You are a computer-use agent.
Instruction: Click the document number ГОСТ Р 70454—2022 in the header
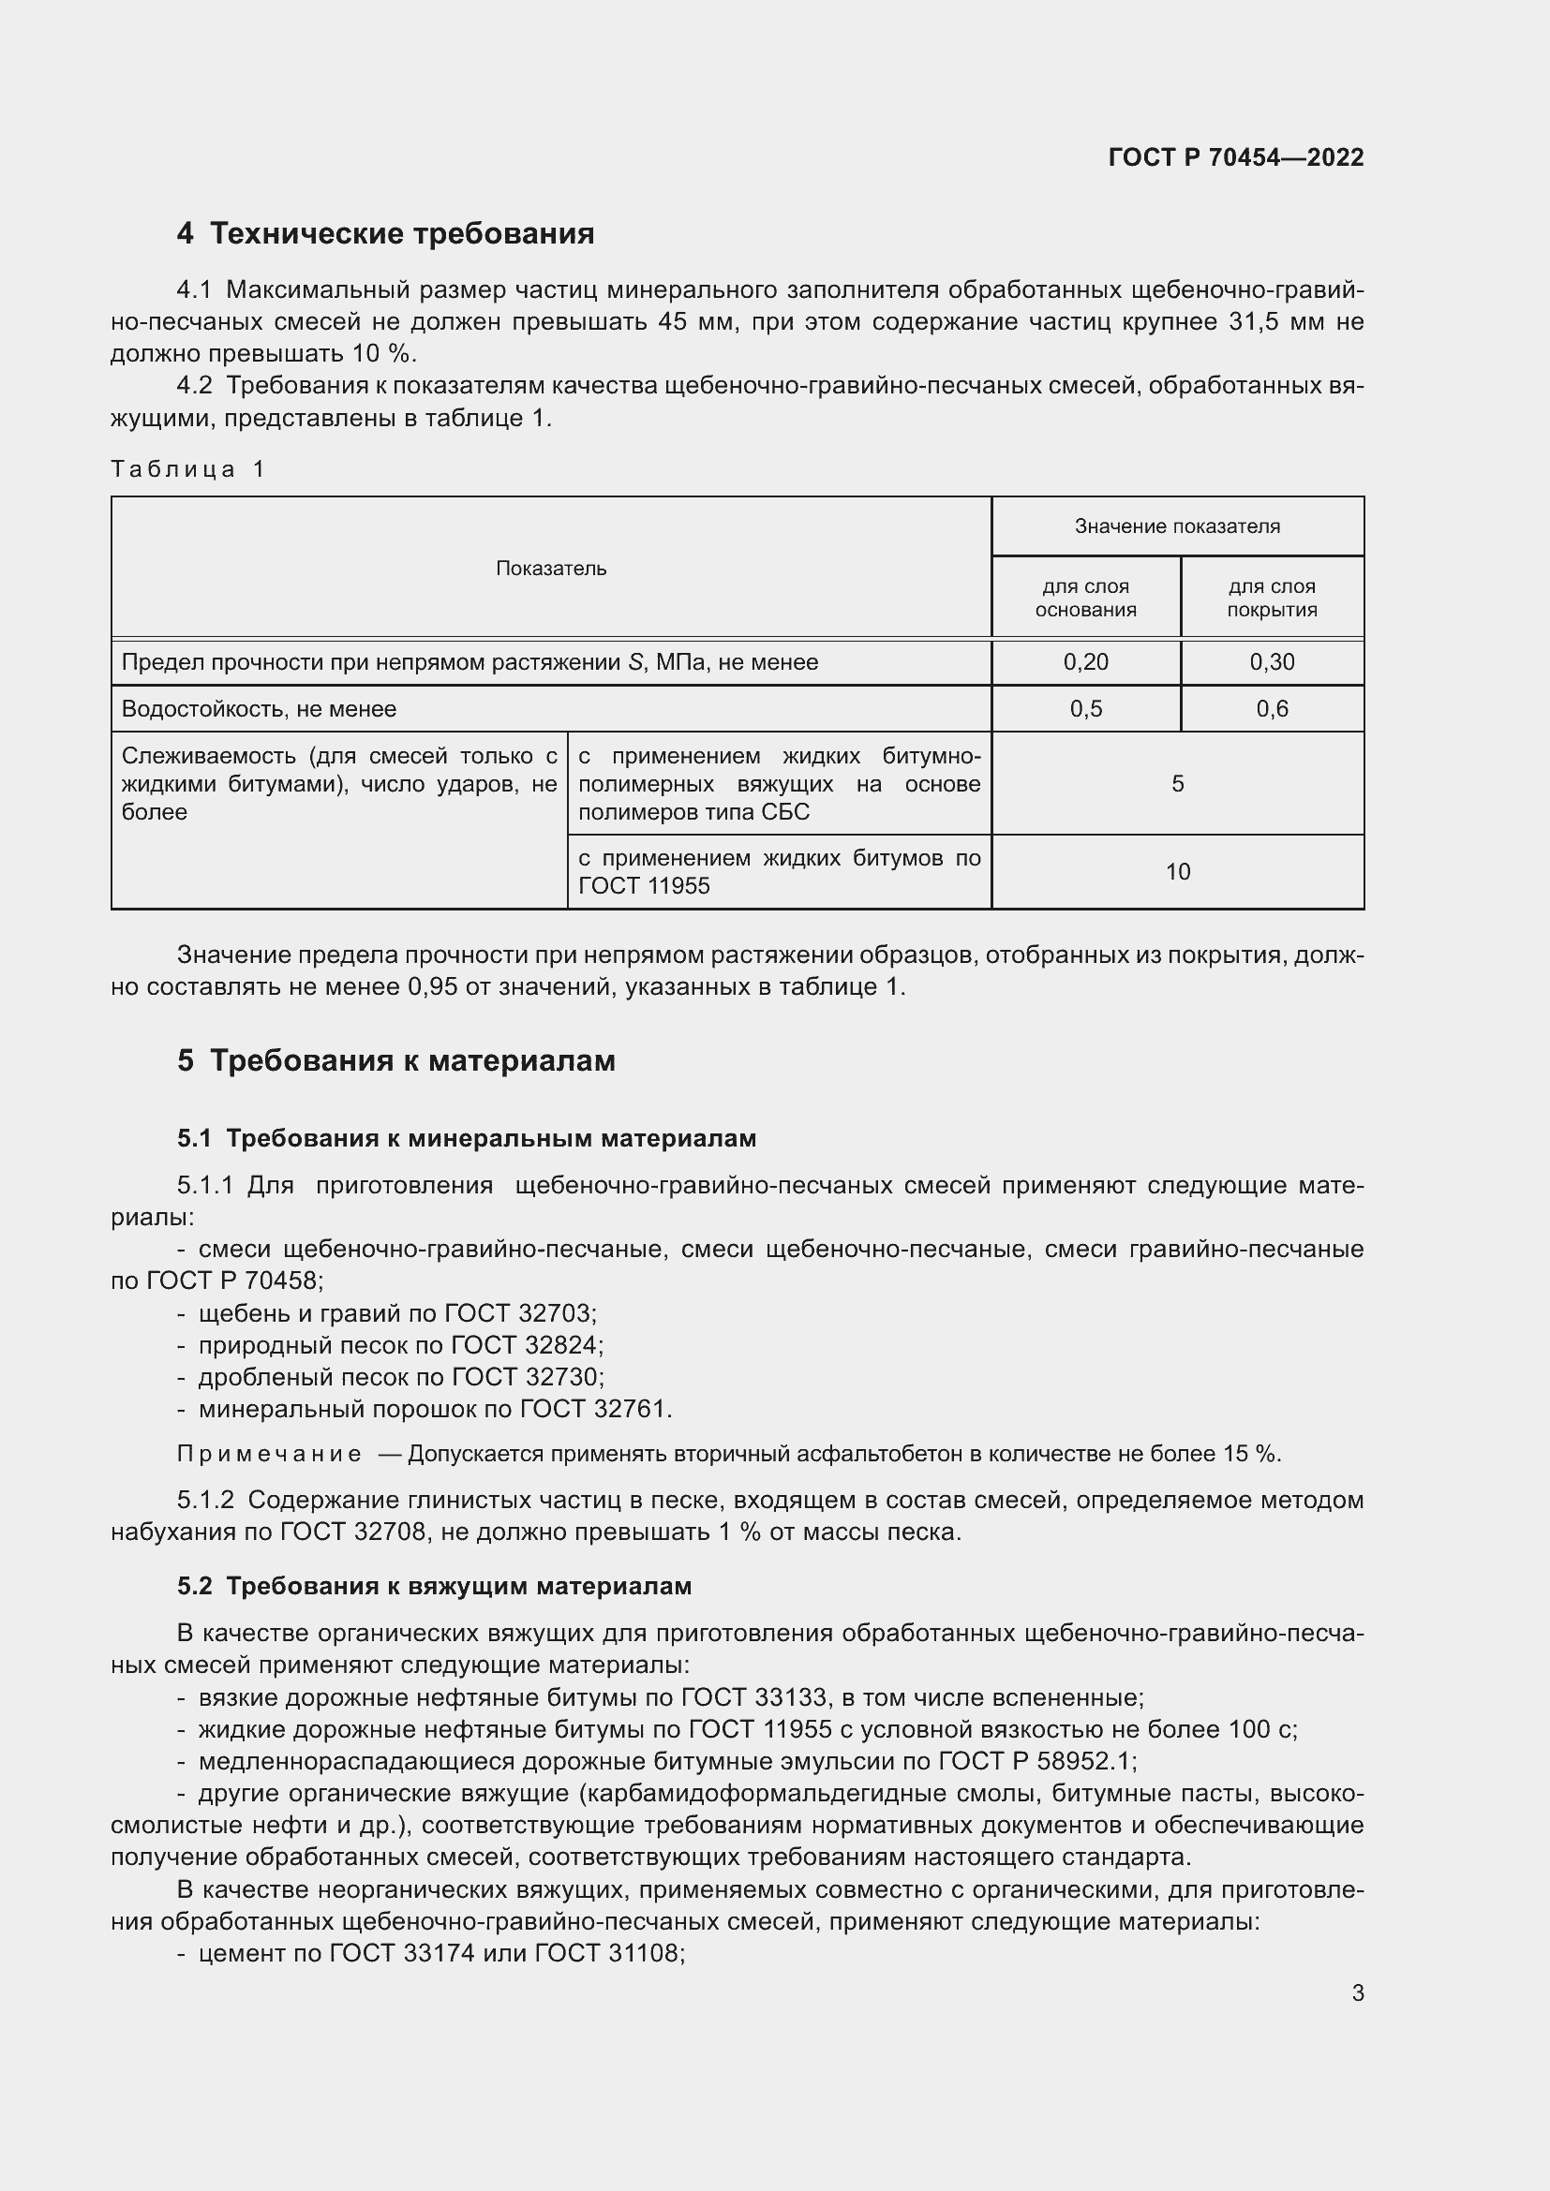pyautogui.click(x=1235, y=157)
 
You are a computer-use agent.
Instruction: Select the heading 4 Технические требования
pyautogui.click(x=385, y=234)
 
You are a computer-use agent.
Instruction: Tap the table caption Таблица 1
pyautogui.click(x=188, y=468)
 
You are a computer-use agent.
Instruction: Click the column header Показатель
pyautogui.click(x=551, y=569)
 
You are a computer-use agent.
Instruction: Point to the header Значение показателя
pyautogui.click(x=1177, y=526)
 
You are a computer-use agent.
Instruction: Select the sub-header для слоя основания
pyautogui.click(x=1085, y=599)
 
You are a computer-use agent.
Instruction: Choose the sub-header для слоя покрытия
pyautogui.click(x=1272, y=599)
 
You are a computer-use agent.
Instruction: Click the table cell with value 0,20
pyautogui.click(x=1085, y=662)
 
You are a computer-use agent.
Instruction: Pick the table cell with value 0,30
pyautogui.click(x=1272, y=662)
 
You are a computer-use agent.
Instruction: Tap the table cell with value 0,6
pyautogui.click(x=1272, y=709)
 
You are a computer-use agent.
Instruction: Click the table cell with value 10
pyautogui.click(x=1177, y=872)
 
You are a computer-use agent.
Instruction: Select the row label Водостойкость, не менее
pyautogui.click(x=259, y=709)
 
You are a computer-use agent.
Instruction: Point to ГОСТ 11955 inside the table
pyautogui.click(x=644, y=886)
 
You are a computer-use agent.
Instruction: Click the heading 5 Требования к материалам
pyautogui.click(x=396, y=1061)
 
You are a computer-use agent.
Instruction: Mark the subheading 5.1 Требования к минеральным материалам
pyautogui.click(x=467, y=1138)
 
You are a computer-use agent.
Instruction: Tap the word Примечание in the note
pyautogui.click(x=269, y=1455)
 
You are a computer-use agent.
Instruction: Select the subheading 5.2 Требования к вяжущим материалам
pyautogui.click(x=434, y=1587)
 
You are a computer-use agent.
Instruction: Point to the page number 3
pyautogui.click(x=1357, y=1993)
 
